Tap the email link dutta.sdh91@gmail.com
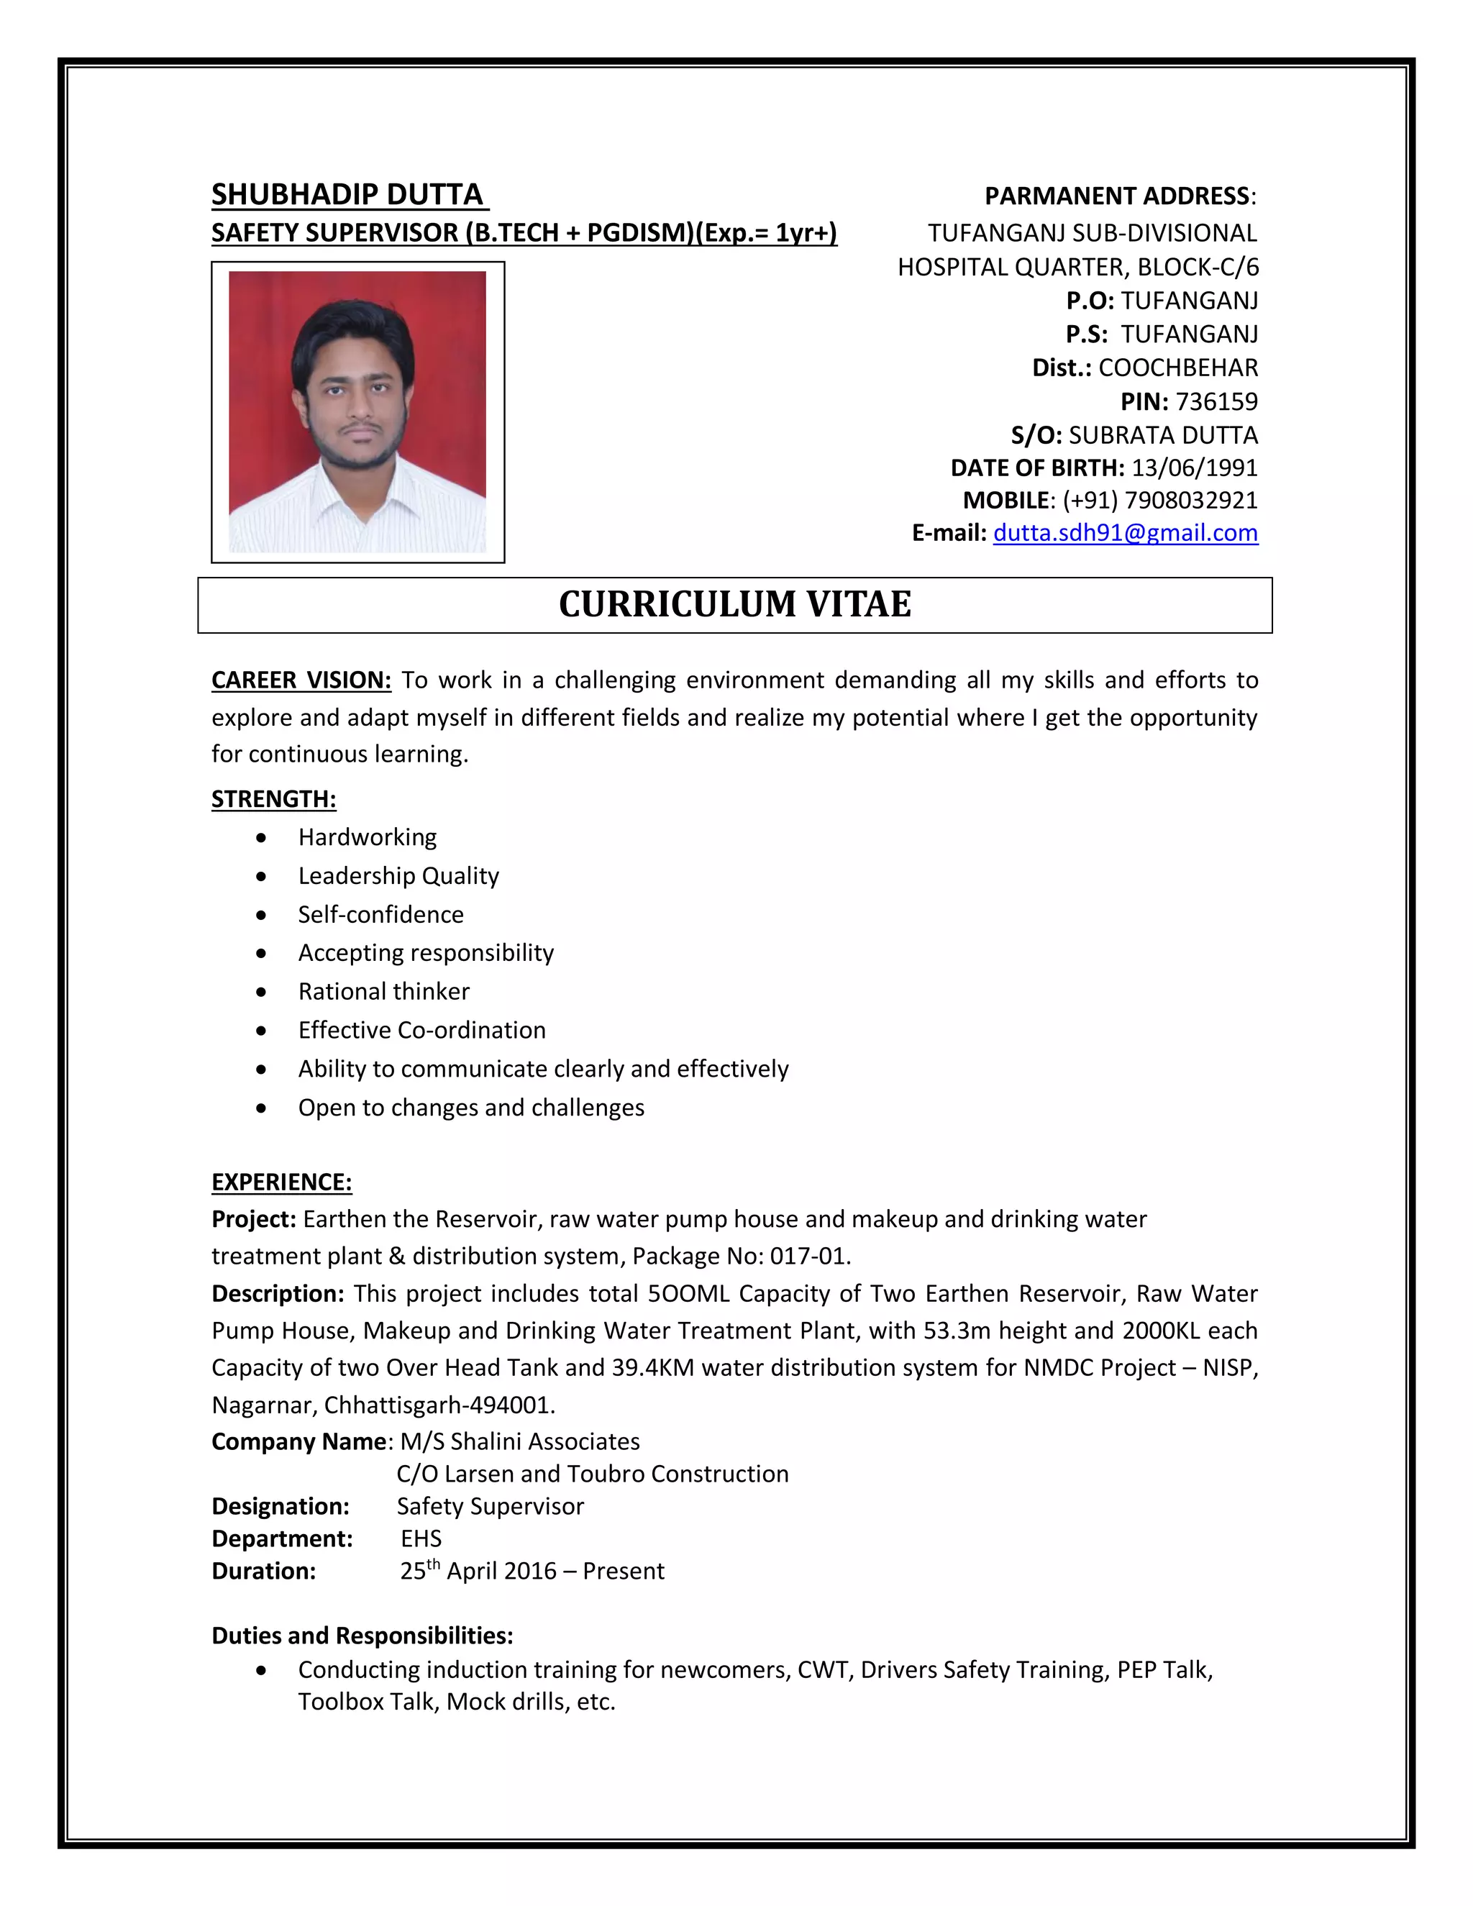click(x=1125, y=532)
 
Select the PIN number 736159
click(x=1216, y=401)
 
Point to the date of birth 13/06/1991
click(x=1194, y=468)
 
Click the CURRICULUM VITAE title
click(x=735, y=604)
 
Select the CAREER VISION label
click(x=301, y=680)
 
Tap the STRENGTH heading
click(x=273, y=798)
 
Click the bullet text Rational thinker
click(x=383, y=991)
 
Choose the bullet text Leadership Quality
click(x=398, y=875)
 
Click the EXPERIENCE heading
click(x=281, y=1182)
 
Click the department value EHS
click(x=421, y=1538)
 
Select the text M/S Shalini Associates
click(x=520, y=1441)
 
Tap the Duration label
click(x=263, y=1571)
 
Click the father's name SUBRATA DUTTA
click(x=1162, y=434)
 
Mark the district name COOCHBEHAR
click(x=1177, y=368)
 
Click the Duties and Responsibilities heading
click(x=362, y=1635)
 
